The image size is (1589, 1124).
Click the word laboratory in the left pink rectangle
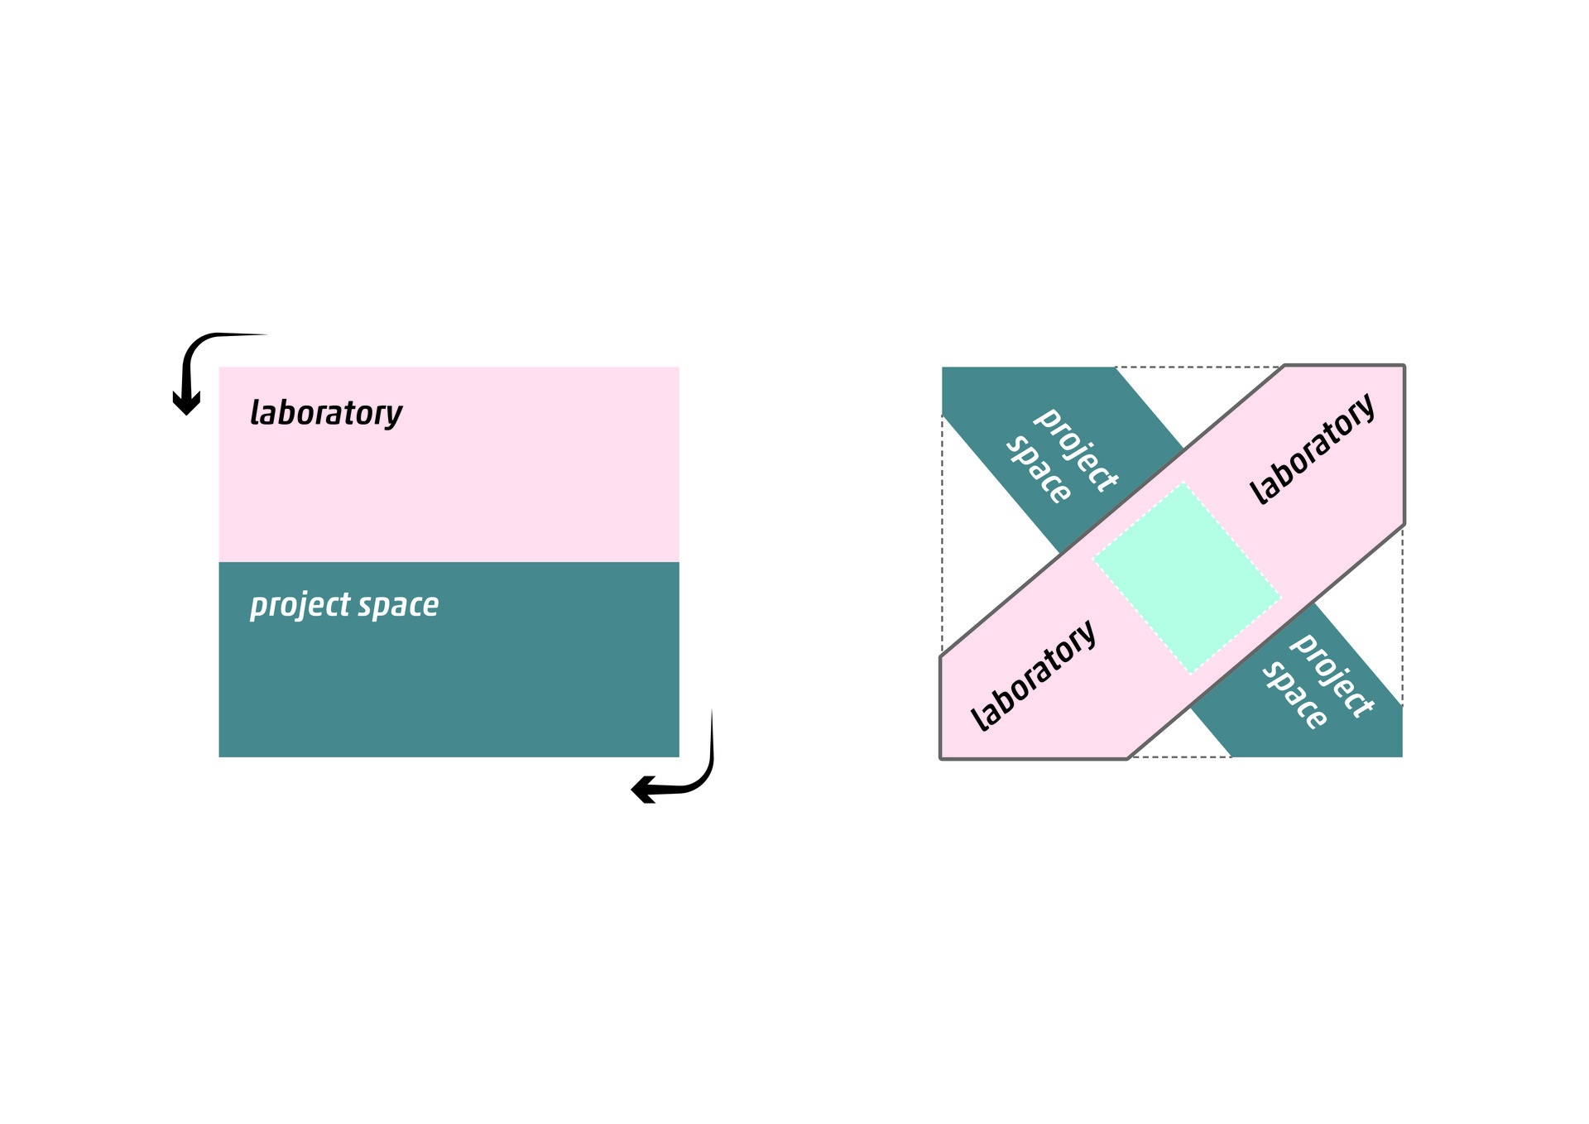[326, 412]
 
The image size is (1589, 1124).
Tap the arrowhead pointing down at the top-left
[186, 403]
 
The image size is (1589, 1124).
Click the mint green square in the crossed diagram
[1187, 578]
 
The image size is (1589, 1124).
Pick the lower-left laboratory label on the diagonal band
[1033, 675]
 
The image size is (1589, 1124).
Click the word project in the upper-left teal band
[1076, 449]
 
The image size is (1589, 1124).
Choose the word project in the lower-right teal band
[1332, 675]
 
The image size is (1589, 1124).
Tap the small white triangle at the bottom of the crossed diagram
[1179, 741]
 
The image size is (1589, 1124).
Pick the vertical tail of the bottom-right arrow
[710, 745]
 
